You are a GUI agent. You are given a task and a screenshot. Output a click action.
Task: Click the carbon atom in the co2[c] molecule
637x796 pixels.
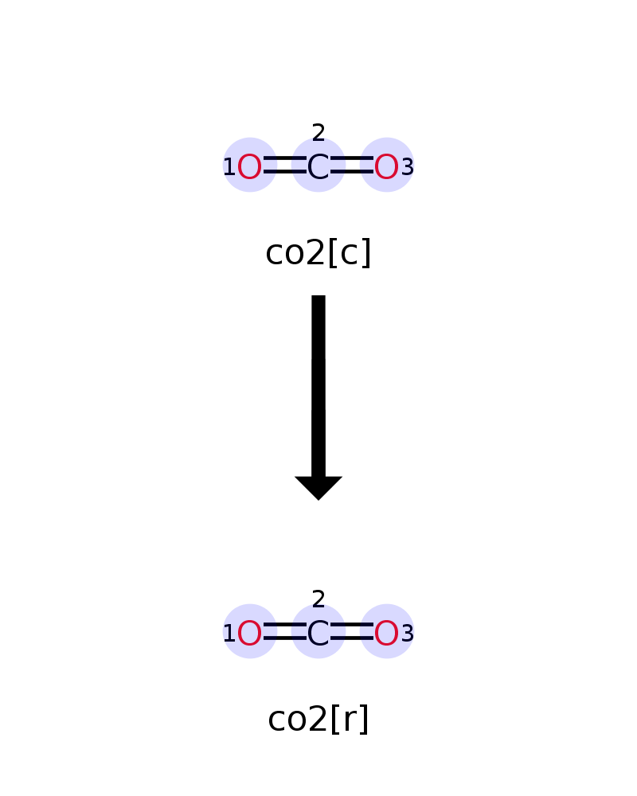click(x=318, y=167)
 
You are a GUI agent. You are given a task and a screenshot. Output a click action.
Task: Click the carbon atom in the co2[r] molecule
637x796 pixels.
click(x=318, y=634)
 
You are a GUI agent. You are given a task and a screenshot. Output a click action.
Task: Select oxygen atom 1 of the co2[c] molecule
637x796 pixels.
click(x=249, y=167)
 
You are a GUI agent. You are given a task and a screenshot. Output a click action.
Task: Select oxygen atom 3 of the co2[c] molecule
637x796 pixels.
click(x=386, y=167)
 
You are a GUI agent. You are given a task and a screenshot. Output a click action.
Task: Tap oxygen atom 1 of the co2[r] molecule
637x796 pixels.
click(x=249, y=634)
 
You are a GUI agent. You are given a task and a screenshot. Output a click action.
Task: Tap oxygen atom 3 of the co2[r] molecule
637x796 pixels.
click(x=386, y=634)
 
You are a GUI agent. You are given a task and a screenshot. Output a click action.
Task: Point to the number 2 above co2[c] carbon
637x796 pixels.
click(x=318, y=133)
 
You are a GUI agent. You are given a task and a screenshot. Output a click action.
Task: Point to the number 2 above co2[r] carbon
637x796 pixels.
click(x=318, y=599)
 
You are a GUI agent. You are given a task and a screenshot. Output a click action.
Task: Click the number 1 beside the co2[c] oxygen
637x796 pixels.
click(x=229, y=166)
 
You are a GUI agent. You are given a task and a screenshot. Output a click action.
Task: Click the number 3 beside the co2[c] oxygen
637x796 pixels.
click(x=408, y=167)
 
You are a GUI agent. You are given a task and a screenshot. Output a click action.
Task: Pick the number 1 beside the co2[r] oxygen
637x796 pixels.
click(x=229, y=633)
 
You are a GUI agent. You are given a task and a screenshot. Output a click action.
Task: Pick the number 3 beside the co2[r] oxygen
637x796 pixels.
click(x=408, y=634)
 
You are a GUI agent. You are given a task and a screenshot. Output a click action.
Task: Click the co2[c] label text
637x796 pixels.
click(x=318, y=253)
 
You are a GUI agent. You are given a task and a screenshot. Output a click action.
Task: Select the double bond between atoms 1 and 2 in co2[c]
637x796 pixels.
click(x=284, y=165)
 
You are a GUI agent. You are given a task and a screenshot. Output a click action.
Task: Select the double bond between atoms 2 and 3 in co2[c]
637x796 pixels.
click(x=351, y=165)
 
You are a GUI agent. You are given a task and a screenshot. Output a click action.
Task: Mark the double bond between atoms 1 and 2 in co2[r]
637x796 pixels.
click(x=284, y=631)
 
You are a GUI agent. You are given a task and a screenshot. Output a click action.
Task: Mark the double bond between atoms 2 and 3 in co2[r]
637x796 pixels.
click(x=351, y=631)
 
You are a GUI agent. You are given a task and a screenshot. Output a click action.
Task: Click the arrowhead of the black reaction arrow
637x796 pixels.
click(x=318, y=487)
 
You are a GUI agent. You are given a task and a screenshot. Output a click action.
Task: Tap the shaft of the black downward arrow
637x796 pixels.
click(x=318, y=386)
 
